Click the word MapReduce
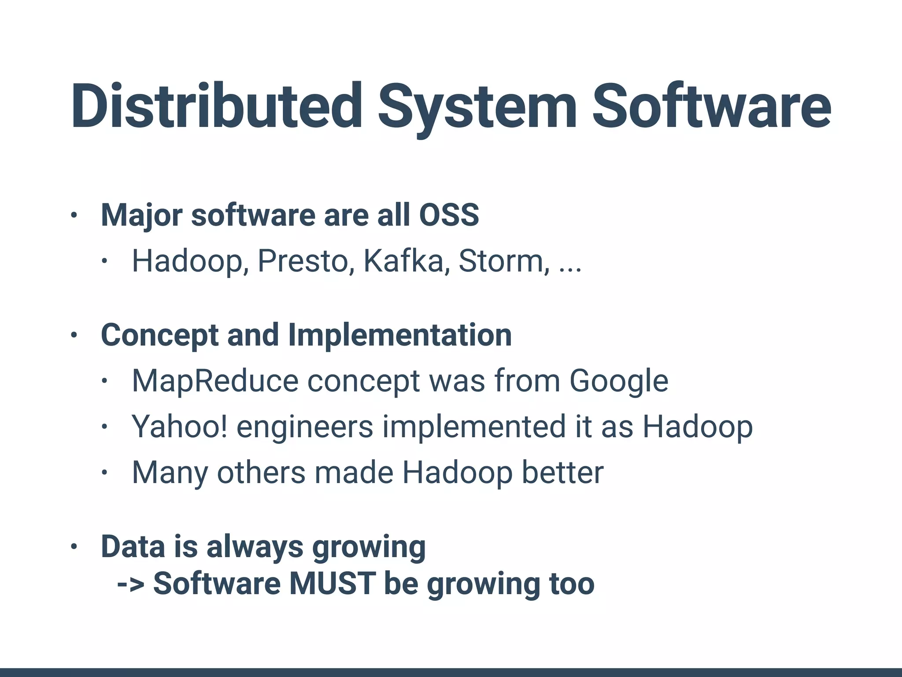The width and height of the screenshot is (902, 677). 215,381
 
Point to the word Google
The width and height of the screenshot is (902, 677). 619,382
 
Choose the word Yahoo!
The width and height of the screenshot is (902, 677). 180,427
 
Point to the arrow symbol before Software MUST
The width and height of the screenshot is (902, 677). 130,584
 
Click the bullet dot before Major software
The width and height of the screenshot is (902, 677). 74,216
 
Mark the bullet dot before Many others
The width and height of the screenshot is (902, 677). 104,473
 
